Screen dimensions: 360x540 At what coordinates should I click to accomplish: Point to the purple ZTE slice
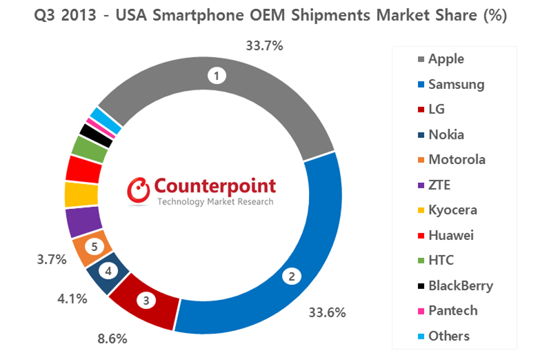pyautogui.click(x=83, y=221)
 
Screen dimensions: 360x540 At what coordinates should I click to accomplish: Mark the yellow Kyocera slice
pyautogui.click(x=81, y=194)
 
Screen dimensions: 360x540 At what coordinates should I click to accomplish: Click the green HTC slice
pyautogui.click(x=89, y=148)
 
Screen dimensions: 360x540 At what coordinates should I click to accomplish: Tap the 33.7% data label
pyautogui.click(x=264, y=46)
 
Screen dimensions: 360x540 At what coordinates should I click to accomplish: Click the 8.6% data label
pyautogui.click(x=112, y=339)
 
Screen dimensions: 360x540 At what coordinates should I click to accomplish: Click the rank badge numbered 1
pyautogui.click(x=218, y=77)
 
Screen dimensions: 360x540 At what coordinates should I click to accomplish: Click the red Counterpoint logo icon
pyautogui.click(x=139, y=191)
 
